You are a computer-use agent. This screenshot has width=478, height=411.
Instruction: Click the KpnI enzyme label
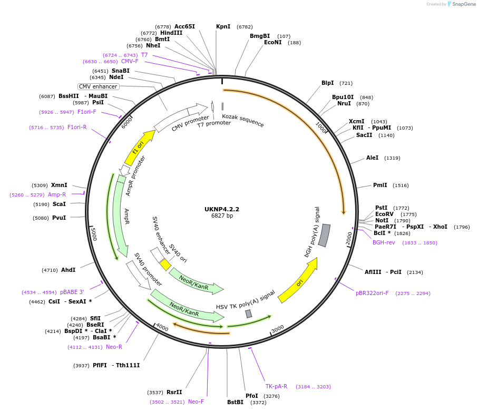pos(223,26)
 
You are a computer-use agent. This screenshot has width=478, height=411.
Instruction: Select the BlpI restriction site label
pos(327,83)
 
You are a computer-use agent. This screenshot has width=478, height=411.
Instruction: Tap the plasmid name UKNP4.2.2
pos(222,209)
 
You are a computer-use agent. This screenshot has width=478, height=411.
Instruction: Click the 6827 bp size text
pos(222,216)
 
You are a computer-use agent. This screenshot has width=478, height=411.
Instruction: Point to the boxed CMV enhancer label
pos(99,86)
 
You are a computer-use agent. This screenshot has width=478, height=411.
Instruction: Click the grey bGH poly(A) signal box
pos(325,235)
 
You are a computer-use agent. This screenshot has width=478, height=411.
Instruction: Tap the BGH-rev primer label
pos(384,242)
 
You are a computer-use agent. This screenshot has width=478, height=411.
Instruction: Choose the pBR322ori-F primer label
pos(372,293)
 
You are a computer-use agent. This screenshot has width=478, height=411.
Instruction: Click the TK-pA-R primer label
pos(276,386)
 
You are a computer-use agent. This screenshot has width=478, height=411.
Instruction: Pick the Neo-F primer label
pos(196,402)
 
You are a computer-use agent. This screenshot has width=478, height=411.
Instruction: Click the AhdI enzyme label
pos(69,270)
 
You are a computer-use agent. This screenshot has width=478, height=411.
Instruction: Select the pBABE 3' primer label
pos(72,292)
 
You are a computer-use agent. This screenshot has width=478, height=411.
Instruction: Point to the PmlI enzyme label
pos(380,185)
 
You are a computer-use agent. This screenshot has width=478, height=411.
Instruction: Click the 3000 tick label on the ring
pos(277,328)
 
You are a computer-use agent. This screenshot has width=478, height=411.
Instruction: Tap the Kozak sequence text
pos(242,120)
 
